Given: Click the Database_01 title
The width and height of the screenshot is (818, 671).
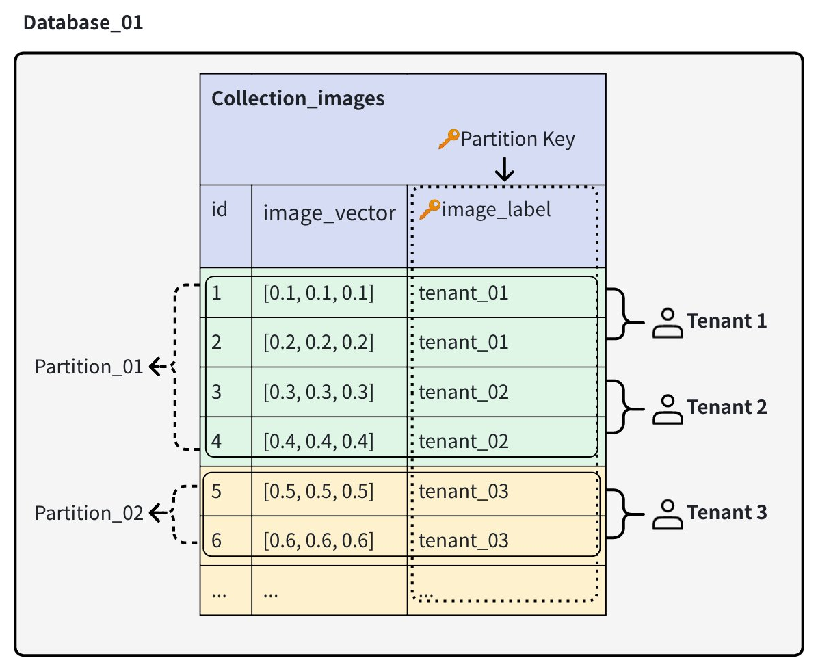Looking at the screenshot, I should [x=83, y=23].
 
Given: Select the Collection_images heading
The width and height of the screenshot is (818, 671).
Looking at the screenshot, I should [x=298, y=98].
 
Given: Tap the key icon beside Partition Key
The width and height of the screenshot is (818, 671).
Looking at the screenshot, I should [x=448, y=140].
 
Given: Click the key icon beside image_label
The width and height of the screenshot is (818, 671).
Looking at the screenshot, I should [x=429, y=209].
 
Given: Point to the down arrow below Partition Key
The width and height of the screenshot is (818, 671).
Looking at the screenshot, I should [x=504, y=170].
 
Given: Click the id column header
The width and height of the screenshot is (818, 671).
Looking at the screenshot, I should [x=219, y=209].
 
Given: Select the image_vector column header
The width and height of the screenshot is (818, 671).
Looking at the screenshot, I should [x=329, y=213].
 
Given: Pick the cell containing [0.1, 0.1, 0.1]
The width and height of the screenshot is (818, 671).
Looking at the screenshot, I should [x=319, y=293].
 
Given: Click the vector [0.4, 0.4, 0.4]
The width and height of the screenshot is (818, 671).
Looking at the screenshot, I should [x=319, y=441].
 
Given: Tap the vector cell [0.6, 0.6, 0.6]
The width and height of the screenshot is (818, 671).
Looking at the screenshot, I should [x=319, y=540].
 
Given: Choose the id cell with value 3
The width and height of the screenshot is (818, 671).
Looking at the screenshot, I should [x=217, y=392].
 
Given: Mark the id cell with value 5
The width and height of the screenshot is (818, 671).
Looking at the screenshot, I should [x=217, y=491].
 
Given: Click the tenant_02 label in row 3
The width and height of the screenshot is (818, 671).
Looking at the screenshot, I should [x=463, y=392].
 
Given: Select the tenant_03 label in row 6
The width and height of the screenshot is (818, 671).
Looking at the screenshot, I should [x=463, y=540].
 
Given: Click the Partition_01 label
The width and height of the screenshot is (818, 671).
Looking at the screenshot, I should [x=89, y=367].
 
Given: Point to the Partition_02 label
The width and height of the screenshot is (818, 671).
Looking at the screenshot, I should [x=89, y=513].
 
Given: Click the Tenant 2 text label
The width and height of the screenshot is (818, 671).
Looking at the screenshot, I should [x=727, y=407].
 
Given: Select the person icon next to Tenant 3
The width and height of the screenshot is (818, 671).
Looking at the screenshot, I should [x=668, y=514].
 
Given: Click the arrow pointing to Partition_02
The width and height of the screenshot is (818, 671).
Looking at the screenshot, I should [x=159, y=513].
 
